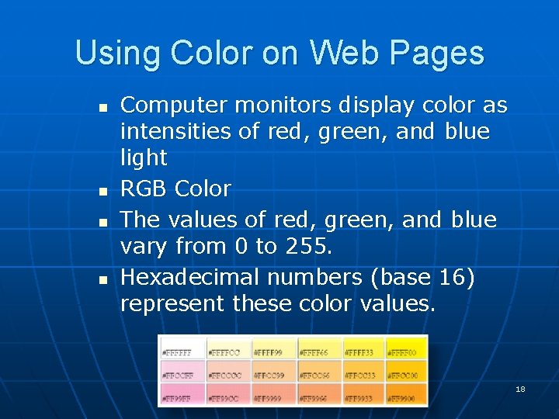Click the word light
coord(144,158)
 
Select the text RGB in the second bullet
coord(144,189)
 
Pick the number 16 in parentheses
coord(453,276)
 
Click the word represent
coord(172,303)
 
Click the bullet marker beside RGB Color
coord(104,190)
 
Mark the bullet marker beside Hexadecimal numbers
coord(104,278)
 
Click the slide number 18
coord(520,389)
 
